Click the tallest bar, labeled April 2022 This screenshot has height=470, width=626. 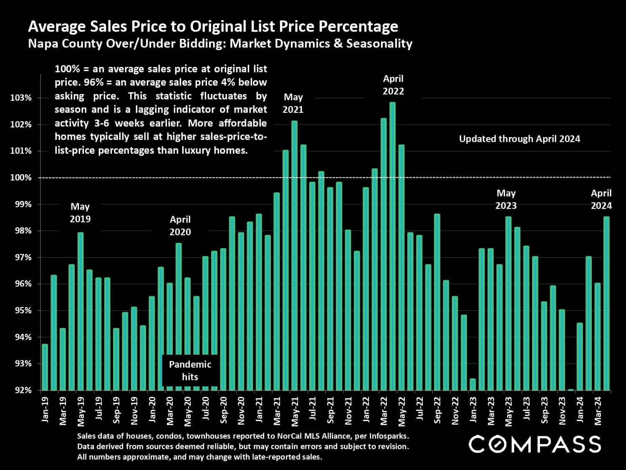[x=392, y=246]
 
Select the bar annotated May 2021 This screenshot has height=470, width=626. [x=294, y=255]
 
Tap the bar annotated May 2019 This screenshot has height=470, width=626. [x=81, y=311]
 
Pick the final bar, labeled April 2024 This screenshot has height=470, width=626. [x=606, y=303]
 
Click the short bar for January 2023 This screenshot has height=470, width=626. [x=473, y=384]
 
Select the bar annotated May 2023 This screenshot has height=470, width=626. [x=508, y=303]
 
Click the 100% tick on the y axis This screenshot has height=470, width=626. [x=21, y=178]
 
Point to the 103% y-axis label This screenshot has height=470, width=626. [x=21, y=98]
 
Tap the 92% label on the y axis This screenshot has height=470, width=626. [x=21, y=390]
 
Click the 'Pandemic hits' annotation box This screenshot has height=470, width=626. [x=190, y=371]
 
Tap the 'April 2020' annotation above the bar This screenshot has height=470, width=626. [x=180, y=226]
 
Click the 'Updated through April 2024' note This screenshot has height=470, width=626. [x=519, y=139]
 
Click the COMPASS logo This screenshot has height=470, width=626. [x=535, y=444]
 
